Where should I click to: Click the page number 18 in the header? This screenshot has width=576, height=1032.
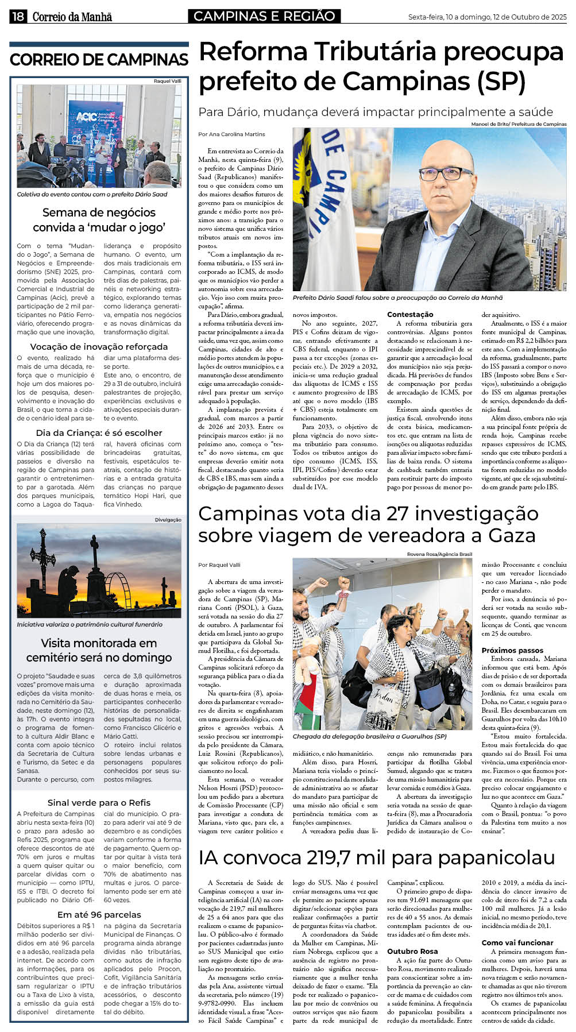(18, 17)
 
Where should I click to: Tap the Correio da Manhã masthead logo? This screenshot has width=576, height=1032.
(72, 17)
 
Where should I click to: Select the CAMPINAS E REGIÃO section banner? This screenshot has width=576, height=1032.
(264, 16)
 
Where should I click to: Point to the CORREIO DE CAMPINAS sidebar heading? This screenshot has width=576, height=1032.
(99, 60)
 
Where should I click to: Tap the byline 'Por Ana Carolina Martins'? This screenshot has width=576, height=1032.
(231, 134)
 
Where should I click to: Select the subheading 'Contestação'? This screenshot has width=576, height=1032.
(410, 314)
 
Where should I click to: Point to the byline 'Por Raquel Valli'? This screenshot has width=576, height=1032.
(219, 565)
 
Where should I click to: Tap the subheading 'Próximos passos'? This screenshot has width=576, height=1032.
(512, 650)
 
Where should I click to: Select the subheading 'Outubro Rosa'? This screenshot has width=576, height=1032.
(412, 951)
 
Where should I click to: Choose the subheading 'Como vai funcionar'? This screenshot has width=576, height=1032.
(517, 942)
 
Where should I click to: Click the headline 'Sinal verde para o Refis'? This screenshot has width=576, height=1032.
(99, 802)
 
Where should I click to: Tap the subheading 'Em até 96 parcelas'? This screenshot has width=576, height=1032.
(99, 914)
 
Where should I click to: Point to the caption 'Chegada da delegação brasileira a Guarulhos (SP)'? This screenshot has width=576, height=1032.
(369, 736)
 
